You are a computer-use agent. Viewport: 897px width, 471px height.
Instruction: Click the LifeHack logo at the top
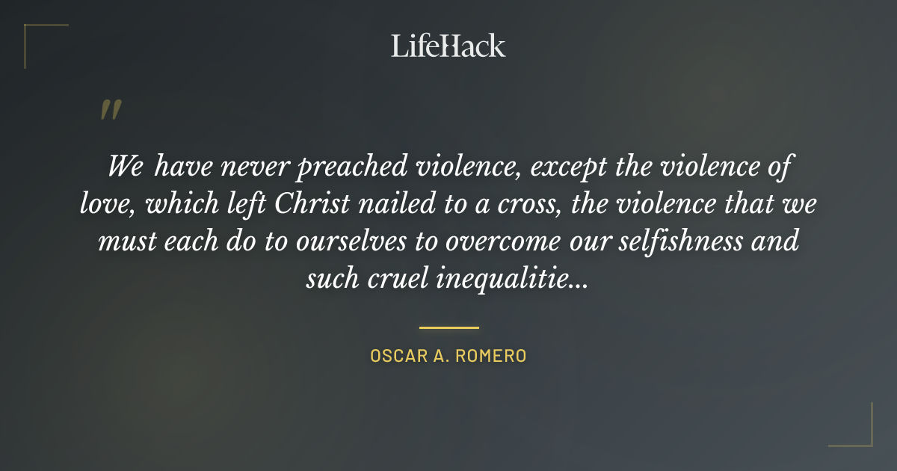[449, 46]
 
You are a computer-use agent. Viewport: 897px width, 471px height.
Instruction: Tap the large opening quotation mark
[110, 111]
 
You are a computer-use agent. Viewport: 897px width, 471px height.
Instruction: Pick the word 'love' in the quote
[100, 204]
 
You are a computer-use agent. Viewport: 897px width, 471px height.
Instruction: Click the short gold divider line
[449, 327]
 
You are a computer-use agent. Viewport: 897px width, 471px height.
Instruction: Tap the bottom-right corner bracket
[860, 434]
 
